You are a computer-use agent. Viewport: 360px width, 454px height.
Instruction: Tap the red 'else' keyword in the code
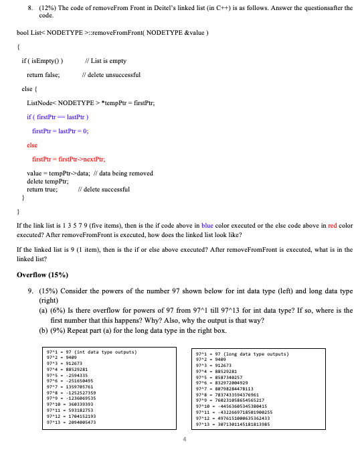coord(31,145)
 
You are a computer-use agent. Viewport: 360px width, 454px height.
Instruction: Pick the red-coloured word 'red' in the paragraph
coord(333,226)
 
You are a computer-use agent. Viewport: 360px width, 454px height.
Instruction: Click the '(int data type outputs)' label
coord(106,351)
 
